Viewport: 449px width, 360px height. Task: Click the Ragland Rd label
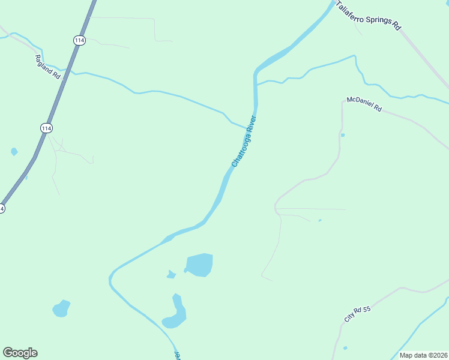[49, 67]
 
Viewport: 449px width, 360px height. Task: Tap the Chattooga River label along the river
[244, 140]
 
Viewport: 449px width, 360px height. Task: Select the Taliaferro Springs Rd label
[368, 16]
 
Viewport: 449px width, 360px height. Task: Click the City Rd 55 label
[358, 314]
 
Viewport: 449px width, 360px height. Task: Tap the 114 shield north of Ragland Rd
[80, 40]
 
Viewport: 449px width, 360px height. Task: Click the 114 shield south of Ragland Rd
[46, 128]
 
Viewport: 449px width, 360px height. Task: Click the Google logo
[20, 353]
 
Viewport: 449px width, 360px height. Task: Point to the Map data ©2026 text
[424, 355]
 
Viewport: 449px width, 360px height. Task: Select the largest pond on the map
[200, 265]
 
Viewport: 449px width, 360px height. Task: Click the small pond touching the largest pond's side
[171, 275]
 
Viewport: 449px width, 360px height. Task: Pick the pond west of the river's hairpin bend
[61, 308]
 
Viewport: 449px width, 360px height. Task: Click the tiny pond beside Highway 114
[14, 152]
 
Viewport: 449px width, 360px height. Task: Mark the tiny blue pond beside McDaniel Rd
[343, 135]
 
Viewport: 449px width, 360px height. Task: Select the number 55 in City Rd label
[367, 309]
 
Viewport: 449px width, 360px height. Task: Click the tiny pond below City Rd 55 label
[345, 348]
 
